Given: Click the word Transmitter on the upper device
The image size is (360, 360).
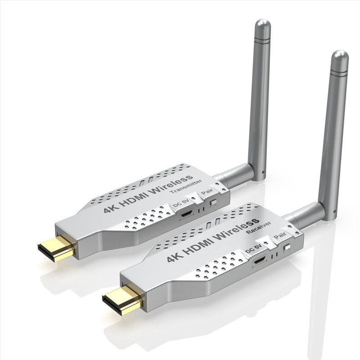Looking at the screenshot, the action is [x=186, y=186].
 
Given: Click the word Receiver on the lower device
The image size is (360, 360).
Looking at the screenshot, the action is [x=258, y=228].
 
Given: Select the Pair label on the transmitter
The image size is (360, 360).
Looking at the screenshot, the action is [x=207, y=191].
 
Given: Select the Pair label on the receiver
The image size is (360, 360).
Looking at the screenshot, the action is [x=279, y=235].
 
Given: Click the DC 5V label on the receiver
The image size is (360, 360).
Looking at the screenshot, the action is [x=253, y=248].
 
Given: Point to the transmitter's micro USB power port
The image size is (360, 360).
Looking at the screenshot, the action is [x=186, y=215].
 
